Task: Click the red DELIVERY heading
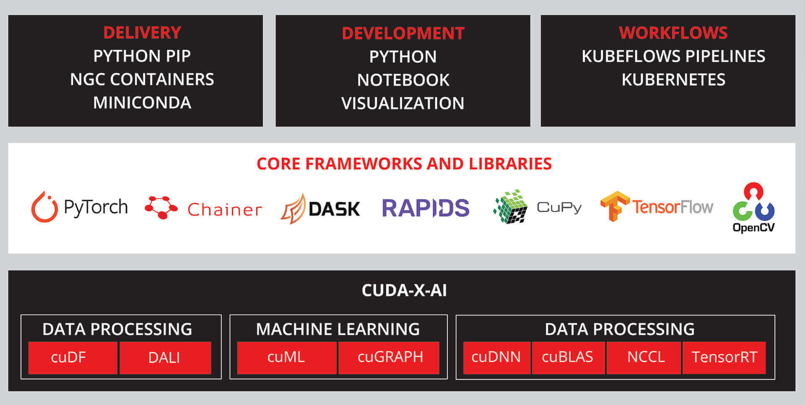142,33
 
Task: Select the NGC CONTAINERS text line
142,79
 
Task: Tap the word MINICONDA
142,103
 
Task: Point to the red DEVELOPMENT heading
403,34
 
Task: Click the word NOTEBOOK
403,80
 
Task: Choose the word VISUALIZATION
403,103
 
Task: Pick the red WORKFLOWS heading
673,33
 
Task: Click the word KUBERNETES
673,80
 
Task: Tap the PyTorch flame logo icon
44,207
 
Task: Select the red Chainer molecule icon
161,207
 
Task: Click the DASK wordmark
334,209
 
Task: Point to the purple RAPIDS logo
426,208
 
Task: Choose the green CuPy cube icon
510,206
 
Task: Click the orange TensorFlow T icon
615,206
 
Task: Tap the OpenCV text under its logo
753,228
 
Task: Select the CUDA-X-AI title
404,291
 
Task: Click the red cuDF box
73,358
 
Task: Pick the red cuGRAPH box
389,358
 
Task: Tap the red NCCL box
644,358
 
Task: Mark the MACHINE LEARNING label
338,330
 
